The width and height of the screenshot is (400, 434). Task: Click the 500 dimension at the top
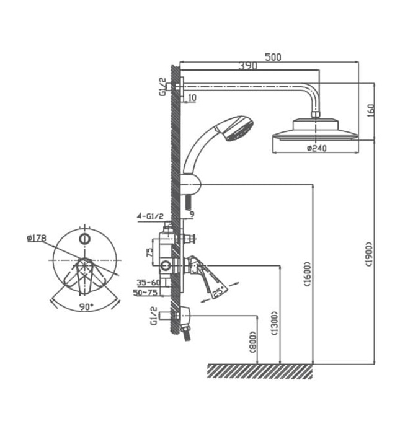pyautogui.click(x=273, y=57)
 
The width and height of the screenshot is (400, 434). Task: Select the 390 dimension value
pyautogui.click(x=248, y=66)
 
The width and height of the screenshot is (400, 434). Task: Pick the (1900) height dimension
pyautogui.click(x=370, y=254)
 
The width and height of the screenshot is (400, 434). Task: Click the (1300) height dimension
pyautogui.click(x=275, y=322)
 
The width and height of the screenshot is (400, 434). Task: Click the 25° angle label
pyautogui.click(x=219, y=290)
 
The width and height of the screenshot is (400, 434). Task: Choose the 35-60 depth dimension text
pyautogui.click(x=148, y=281)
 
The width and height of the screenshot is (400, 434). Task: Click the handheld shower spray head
pyautogui.click(x=238, y=129)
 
